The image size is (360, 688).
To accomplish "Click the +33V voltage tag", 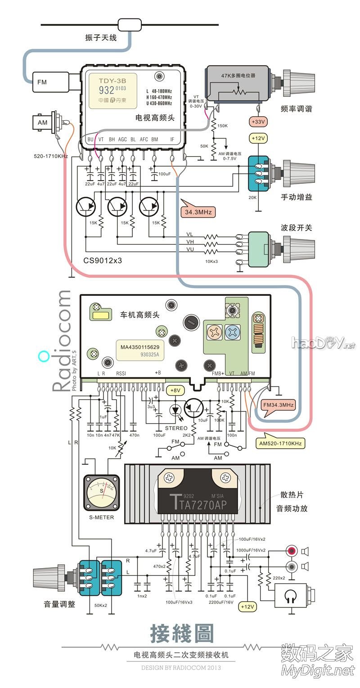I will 258,122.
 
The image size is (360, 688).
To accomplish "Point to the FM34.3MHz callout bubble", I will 278,405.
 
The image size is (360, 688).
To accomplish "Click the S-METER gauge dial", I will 102,493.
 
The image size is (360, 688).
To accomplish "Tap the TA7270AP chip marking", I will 198,504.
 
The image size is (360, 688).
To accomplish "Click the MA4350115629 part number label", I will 140,347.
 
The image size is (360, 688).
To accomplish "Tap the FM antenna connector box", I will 47,82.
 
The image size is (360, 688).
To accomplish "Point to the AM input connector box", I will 43,122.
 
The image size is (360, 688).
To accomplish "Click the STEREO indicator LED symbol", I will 175,410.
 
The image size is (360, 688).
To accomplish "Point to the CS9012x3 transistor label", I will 103,261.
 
